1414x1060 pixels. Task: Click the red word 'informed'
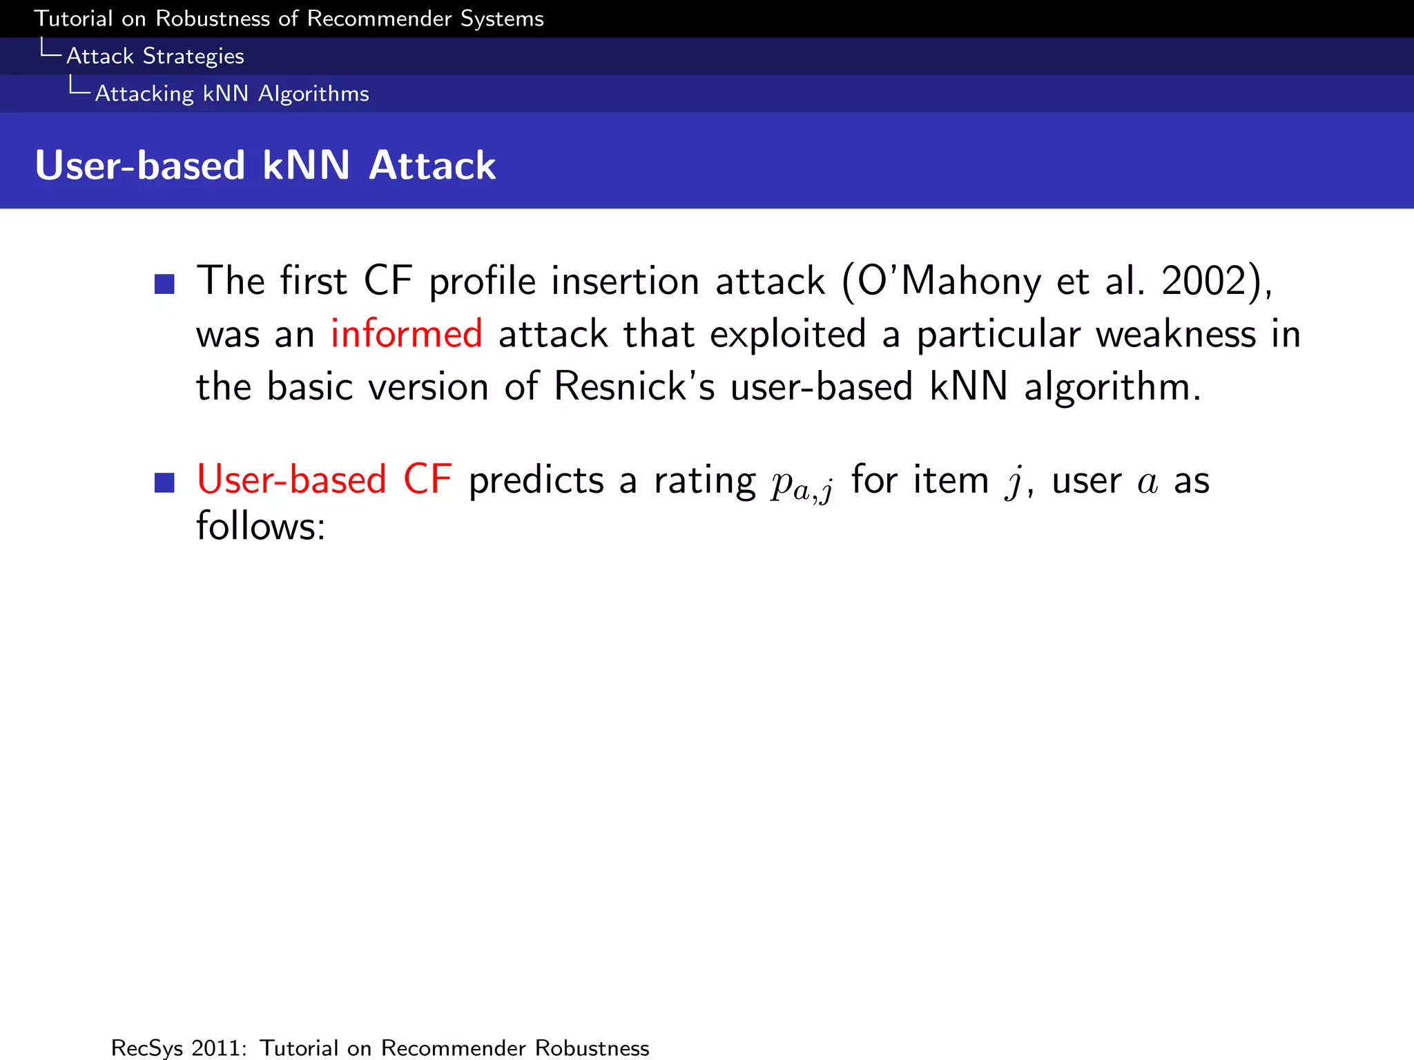click(406, 334)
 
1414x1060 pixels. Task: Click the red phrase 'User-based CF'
click(325, 480)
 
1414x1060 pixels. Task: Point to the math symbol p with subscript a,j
click(802, 483)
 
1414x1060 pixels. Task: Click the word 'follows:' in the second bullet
click(260, 526)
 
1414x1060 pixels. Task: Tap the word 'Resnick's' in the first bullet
click(634, 386)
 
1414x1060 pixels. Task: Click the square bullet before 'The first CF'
click(164, 284)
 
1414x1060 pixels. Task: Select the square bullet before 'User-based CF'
click(164, 482)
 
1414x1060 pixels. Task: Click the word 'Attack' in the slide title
click(432, 166)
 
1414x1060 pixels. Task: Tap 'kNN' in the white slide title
click(306, 166)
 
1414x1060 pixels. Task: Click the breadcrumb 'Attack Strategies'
click(155, 56)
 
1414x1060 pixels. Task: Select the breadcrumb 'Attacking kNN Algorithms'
click(232, 93)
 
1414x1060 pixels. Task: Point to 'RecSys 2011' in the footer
click(178, 1048)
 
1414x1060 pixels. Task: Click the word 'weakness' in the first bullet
click(1176, 334)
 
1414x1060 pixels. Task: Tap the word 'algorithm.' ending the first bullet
click(1112, 386)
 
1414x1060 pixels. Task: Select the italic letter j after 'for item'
click(1014, 482)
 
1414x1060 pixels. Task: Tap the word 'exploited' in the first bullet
click(788, 334)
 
